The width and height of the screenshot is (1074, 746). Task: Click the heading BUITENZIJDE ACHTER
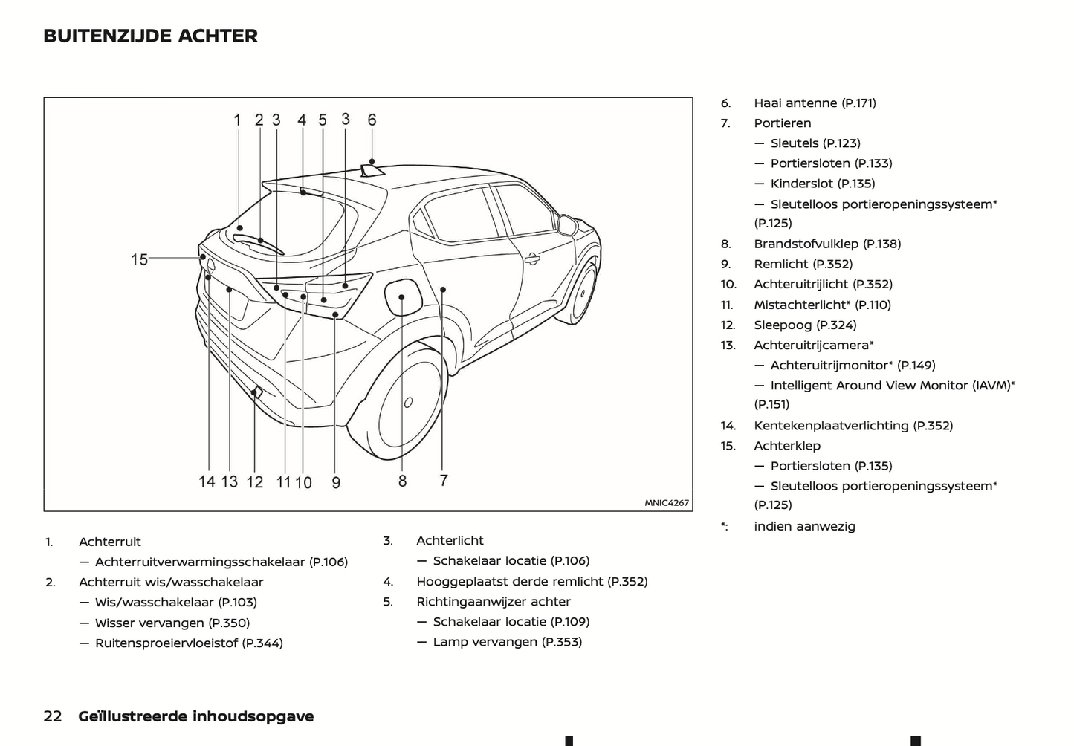[x=150, y=36]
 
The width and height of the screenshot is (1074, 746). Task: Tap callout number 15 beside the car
[x=140, y=259]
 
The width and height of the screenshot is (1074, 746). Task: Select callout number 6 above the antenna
[x=372, y=120]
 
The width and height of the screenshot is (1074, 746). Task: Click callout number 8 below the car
[x=402, y=481]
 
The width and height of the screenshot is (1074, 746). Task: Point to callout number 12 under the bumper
[x=254, y=482]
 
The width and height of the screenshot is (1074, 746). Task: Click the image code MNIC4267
[x=667, y=503]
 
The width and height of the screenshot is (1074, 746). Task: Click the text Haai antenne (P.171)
[x=815, y=103]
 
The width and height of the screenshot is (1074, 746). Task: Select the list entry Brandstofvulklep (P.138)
[x=827, y=244]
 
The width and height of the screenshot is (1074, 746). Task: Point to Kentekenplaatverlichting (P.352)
[x=853, y=426]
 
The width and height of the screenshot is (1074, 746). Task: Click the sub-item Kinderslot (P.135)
[x=823, y=184]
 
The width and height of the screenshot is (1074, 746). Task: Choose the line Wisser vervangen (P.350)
[x=172, y=623]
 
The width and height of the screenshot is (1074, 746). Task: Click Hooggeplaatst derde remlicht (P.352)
[x=531, y=581]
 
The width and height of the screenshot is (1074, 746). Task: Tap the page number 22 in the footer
[x=53, y=716]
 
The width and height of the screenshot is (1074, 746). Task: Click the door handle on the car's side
[x=531, y=259]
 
